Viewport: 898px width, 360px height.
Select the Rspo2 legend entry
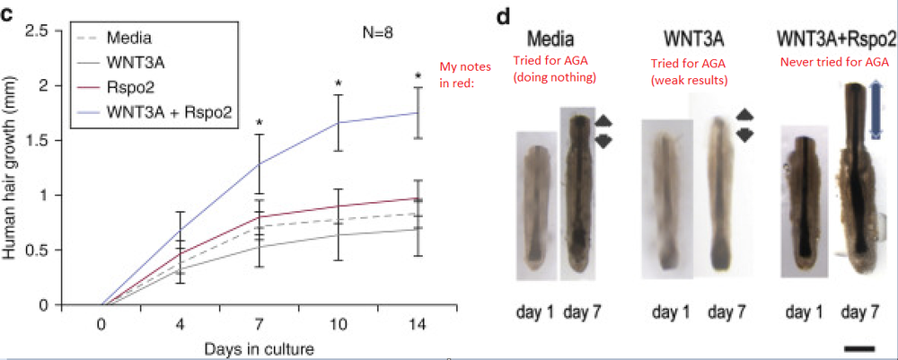[128, 87]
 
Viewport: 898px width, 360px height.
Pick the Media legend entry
[128, 39]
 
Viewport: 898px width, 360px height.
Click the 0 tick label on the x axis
[101, 323]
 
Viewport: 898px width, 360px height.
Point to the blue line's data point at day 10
[339, 122]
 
